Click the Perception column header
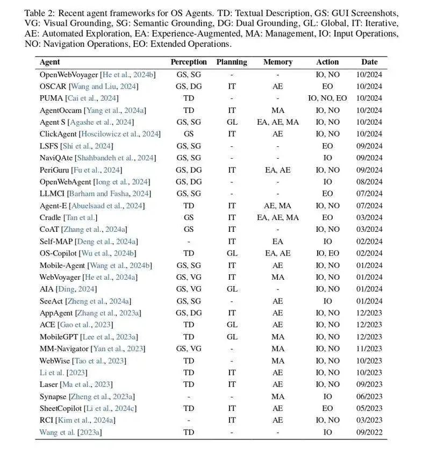189,62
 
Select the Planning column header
232,62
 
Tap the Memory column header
277,62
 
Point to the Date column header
369,62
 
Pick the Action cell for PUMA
327,98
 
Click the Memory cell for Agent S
277,122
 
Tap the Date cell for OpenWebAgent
369,182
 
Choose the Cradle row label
50,217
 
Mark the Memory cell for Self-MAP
277,242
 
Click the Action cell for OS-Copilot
327,253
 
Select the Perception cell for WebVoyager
188,277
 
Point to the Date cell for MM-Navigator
369,349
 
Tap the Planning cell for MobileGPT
232,337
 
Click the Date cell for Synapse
369,396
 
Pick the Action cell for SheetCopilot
327,408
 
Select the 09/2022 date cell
369,432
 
